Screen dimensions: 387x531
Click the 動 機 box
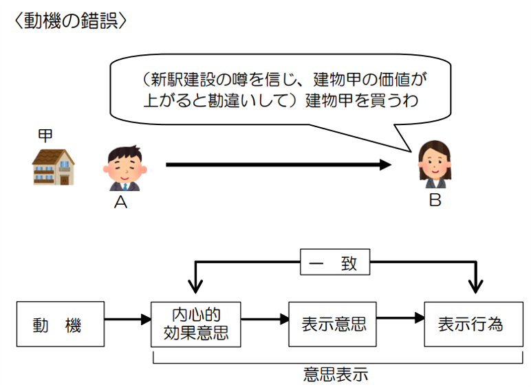[61, 324]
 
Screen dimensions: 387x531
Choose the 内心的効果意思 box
[196, 324]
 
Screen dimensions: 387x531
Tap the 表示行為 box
[469, 324]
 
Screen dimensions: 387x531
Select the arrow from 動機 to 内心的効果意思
[127, 320]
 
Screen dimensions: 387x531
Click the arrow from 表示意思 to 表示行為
[400, 319]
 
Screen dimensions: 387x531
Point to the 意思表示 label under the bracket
[335, 375]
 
